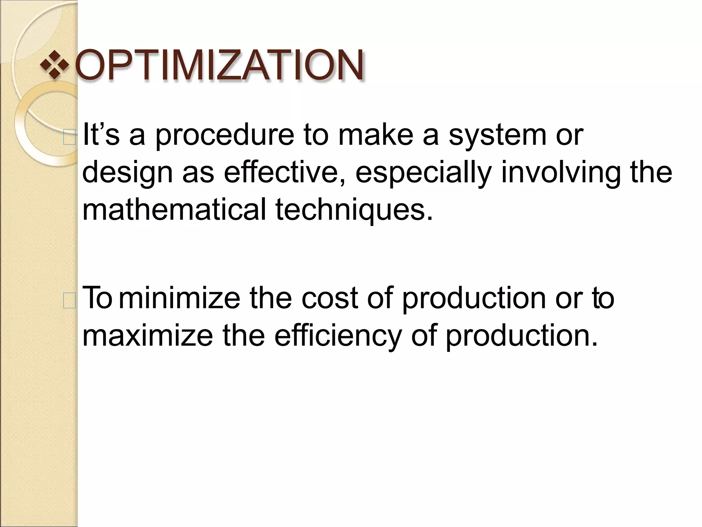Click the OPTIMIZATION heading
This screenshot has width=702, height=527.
coord(219,65)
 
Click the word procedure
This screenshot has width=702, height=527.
coord(225,135)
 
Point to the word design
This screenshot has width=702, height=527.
coord(128,173)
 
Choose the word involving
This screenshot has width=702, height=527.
coord(561,173)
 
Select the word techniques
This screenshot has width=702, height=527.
coord(354,210)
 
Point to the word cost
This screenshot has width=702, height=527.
coord(330,298)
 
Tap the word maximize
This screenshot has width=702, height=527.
coord(148,335)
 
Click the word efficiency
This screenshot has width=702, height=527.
coord(338,336)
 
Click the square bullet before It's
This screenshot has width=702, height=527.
coord(70,138)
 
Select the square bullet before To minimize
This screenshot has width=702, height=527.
coord(70,301)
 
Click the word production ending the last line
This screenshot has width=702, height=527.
coord(521,336)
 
